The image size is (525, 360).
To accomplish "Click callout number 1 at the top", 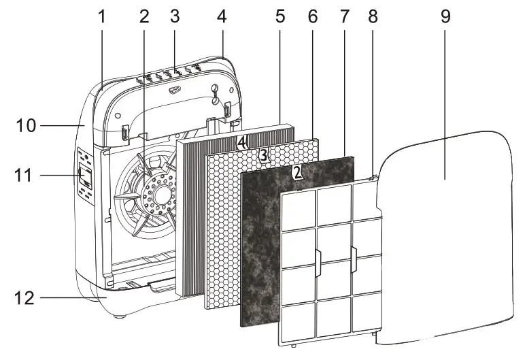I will point(102,16).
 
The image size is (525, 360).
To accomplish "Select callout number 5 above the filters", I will point(280,16).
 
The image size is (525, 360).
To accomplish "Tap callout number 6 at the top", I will point(312,16).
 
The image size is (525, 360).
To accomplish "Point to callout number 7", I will point(344,16).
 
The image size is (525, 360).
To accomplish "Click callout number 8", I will point(372,16).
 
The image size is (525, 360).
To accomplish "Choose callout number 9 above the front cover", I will point(445,16).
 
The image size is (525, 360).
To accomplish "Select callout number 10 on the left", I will point(27,125).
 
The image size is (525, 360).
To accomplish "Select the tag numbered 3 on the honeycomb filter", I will point(263,155).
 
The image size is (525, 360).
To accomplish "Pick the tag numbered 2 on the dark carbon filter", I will point(297,172).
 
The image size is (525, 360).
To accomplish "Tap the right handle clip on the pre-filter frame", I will point(353,259).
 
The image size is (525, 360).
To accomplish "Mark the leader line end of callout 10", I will point(82,125).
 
